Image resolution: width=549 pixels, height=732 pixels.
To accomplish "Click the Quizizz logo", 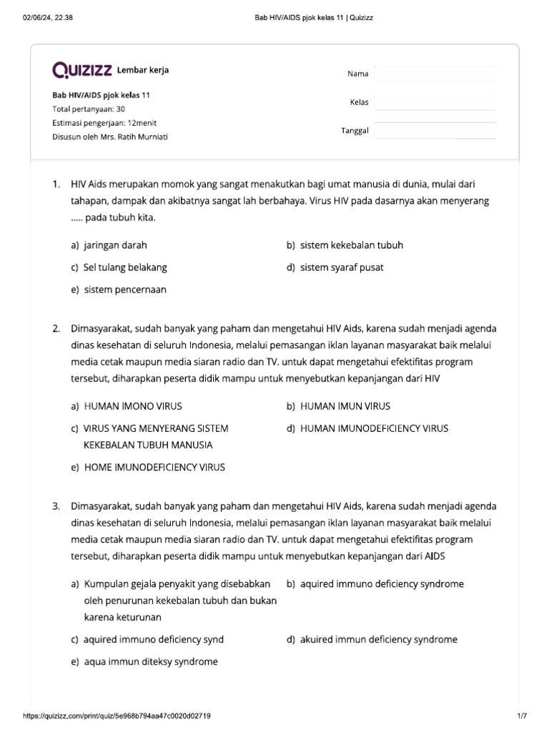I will tap(82, 70).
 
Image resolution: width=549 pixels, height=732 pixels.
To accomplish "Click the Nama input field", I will tap(435, 74).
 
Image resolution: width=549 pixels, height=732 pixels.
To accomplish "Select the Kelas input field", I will tap(435, 102).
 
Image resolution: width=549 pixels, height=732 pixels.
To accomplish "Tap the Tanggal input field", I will tap(435, 131).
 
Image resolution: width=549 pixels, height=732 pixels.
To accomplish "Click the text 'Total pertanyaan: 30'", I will tap(89, 109).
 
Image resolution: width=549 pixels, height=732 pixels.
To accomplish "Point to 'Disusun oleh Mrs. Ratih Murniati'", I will tap(110, 137).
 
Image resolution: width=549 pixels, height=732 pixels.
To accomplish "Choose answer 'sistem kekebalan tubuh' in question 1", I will tap(351, 245).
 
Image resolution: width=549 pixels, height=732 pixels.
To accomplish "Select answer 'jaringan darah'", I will tap(115, 245).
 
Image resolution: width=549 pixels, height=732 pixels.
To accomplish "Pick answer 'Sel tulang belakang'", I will tap(125, 267).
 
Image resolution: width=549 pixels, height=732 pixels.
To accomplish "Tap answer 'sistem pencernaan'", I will tap(125, 290).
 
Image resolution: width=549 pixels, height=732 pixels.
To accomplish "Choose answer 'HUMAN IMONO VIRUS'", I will tap(133, 406).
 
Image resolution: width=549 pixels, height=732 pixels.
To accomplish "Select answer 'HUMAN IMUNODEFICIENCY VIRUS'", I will tap(374, 428).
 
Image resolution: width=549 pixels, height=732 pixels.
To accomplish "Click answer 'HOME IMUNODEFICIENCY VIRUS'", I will tap(154, 467).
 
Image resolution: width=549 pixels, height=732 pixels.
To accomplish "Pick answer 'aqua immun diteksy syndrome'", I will tap(151, 661).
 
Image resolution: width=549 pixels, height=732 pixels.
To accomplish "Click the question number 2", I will tap(56, 329).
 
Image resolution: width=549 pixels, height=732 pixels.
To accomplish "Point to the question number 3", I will tap(56, 506).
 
